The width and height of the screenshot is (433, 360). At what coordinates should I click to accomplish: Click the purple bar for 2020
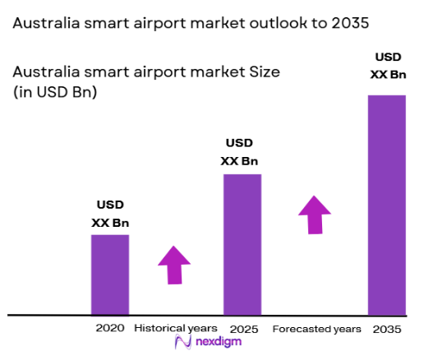pos(109,275)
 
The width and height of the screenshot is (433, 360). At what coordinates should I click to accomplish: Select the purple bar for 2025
pos(242,244)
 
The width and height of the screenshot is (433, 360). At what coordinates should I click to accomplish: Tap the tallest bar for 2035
pos(387,205)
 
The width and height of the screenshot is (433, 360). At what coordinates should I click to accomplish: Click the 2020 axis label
pos(109,328)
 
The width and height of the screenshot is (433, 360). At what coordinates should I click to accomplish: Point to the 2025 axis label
pos(242,329)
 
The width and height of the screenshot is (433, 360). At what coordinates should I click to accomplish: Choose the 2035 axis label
pos(387,329)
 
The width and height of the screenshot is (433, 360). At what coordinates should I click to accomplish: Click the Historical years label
pos(177,329)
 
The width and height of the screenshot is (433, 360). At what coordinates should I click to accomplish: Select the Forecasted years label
pos(316,329)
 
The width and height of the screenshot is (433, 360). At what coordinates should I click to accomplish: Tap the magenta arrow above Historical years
pos(173,265)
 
